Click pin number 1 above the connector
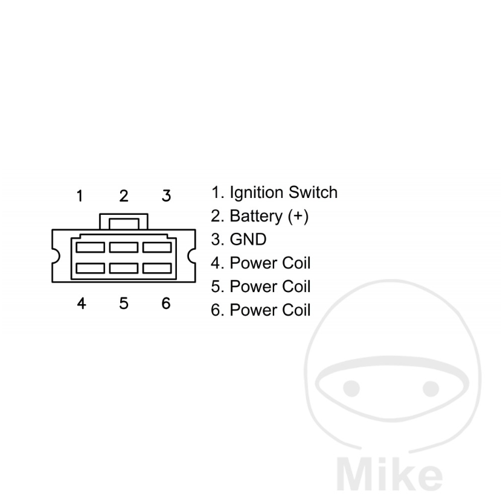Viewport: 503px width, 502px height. pyautogui.click(x=80, y=196)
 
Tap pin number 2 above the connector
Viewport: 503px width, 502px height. pyautogui.click(x=124, y=196)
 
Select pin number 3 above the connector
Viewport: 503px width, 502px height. pyautogui.click(x=166, y=196)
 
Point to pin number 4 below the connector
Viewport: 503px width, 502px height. pyautogui.click(x=82, y=303)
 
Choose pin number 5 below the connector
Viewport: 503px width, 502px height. pyautogui.click(x=124, y=303)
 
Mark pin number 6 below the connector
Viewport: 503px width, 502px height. pyautogui.click(x=166, y=303)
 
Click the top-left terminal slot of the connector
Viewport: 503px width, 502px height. pyautogui.click(x=90, y=247)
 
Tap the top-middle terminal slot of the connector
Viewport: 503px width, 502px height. pyautogui.click(x=124, y=247)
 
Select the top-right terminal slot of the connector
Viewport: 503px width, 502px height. pyautogui.click(x=157, y=247)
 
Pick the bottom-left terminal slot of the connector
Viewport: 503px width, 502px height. pyautogui.click(x=90, y=268)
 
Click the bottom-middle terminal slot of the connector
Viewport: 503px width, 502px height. pyautogui.click(x=124, y=268)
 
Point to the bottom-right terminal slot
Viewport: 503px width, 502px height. pyautogui.click(x=157, y=268)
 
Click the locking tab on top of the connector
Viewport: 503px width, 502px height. pyautogui.click(x=124, y=221)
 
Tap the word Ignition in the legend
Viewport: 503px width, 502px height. pyautogui.click(x=257, y=193)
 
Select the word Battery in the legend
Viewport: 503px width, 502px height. pyautogui.click(x=256, y=216)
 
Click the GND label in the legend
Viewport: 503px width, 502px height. pyautogui.click(x=248, y=240)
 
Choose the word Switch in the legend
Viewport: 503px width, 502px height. pyautogui.click(x=313, y=192)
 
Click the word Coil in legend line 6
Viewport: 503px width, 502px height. pyautogui.click(x=296, y=310)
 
